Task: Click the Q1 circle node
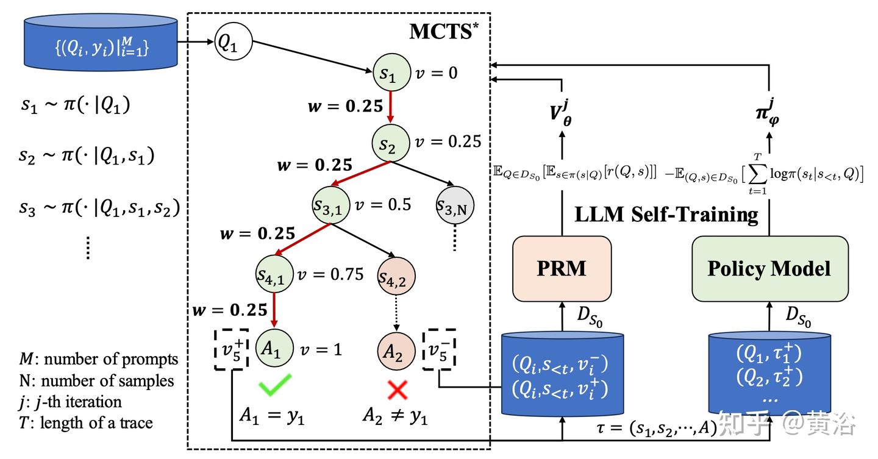[233, 43]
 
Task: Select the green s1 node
[390, 74]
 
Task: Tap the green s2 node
[390, 143]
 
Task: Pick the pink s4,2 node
[396, 276]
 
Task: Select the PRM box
[562, 269]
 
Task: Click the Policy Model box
[769, 269]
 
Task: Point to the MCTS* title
[440, 32]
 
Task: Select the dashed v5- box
[439, 349]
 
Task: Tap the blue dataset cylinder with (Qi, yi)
[101, 44]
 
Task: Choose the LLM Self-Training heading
[666, 215]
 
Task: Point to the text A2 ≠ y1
[394, 416]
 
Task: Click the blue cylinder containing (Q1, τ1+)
[769, 372]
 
